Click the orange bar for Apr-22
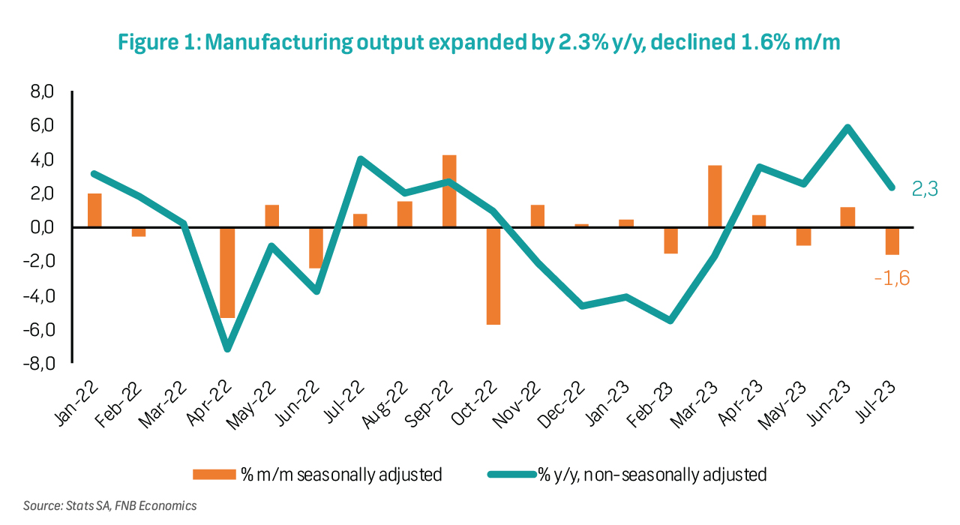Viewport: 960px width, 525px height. [x=227, y=272]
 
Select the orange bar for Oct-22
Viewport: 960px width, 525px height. [x=493, y=275]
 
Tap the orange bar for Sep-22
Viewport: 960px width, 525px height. [x=448, y=191]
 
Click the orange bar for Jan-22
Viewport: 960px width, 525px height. [x=94, y=211]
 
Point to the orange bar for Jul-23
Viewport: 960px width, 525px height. [x=892, y=241]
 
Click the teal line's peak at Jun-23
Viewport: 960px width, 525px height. [x=847, y=127]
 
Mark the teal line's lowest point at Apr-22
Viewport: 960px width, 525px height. [x=227, y=349]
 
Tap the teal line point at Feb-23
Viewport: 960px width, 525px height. [x=670, y=320]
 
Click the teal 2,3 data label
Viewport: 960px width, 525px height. [x=925, y=190]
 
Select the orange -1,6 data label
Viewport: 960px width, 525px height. [x=891, y=278]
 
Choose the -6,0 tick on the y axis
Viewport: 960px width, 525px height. [x=41, y=329]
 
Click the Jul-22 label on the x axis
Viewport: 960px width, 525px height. [x=349, y=404]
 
